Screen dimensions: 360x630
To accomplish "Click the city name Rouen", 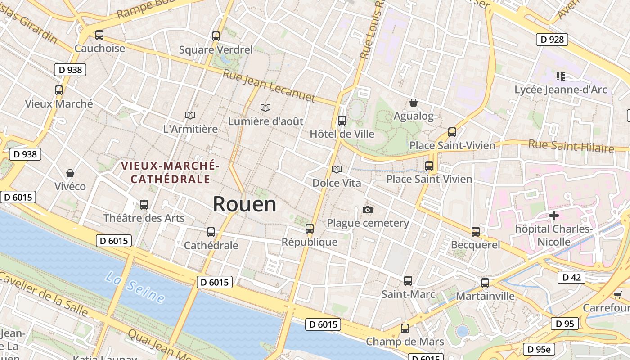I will coord(244,204).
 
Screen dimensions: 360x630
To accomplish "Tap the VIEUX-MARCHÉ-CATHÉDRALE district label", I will coord(170,173).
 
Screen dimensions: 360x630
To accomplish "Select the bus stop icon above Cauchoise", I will coord(99,35).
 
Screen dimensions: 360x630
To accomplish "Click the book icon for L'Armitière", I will coord(190,115).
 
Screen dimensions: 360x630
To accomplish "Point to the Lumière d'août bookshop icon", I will coord(265,108).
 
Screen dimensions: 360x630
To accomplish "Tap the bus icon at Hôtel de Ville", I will coord(342,120).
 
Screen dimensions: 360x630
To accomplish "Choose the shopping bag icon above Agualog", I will coord(414,103).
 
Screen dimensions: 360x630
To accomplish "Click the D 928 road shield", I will coord(552,40).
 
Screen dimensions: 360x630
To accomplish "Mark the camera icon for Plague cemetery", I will coord(368,210).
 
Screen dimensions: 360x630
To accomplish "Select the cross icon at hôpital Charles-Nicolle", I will coord(553,216).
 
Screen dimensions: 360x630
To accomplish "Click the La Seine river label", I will coord(135,287).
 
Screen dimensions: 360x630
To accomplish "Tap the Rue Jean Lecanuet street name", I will coord(269,85).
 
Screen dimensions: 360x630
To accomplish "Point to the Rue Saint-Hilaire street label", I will coord(571,146).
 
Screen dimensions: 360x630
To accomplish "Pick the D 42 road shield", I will coord(571,277).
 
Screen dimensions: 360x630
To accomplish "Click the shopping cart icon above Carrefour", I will coord(617,295).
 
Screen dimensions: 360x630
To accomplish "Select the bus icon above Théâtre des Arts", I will coord(144,204).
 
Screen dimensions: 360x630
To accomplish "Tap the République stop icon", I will coord(310,228).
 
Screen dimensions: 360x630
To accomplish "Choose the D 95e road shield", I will coord(539,349).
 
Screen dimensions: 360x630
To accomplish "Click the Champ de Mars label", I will coord(405,342).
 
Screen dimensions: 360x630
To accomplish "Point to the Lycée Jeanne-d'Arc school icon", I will coord(560,76).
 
